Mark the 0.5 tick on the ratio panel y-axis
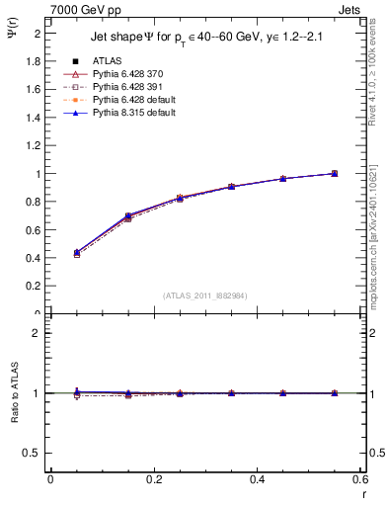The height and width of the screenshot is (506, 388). tap(34, 453)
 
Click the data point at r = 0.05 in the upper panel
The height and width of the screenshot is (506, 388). tap(76, 253)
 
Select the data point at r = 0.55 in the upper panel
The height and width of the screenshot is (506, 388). tap(335, 173)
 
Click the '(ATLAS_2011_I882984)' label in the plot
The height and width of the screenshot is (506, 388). tap(206, 295)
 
